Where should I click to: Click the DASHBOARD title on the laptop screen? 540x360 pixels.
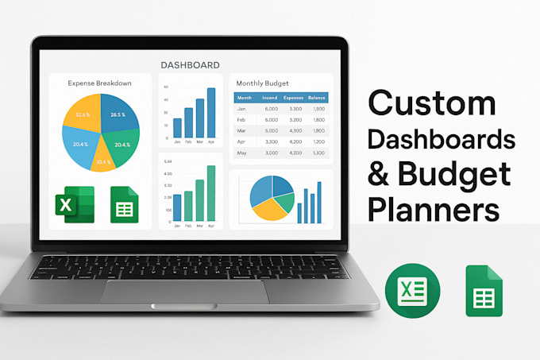tap(190, 64)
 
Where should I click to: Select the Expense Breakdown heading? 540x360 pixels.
tap(99, 83)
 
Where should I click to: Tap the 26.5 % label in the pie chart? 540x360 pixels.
tap(119, 115)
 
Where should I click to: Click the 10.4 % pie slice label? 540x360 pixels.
tap(102, 162)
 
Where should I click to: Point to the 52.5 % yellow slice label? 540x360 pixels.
tap(83, 115)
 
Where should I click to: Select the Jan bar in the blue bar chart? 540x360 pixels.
tap(177, 127)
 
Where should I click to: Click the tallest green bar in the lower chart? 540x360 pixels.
tap(211, 192)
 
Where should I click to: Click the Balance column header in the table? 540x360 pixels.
tap(317, 97)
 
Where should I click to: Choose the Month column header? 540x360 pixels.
tap(245, 97)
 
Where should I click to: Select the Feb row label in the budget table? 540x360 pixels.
tap(242, 119)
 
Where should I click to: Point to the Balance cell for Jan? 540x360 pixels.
tap(318, 108)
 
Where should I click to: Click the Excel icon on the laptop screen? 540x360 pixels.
tap(75, 205)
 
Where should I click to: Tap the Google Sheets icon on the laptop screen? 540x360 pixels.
tap(125, 205)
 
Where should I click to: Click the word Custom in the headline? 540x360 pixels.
tap(431, 105)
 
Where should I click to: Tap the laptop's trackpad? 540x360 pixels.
tap(183, 291)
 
